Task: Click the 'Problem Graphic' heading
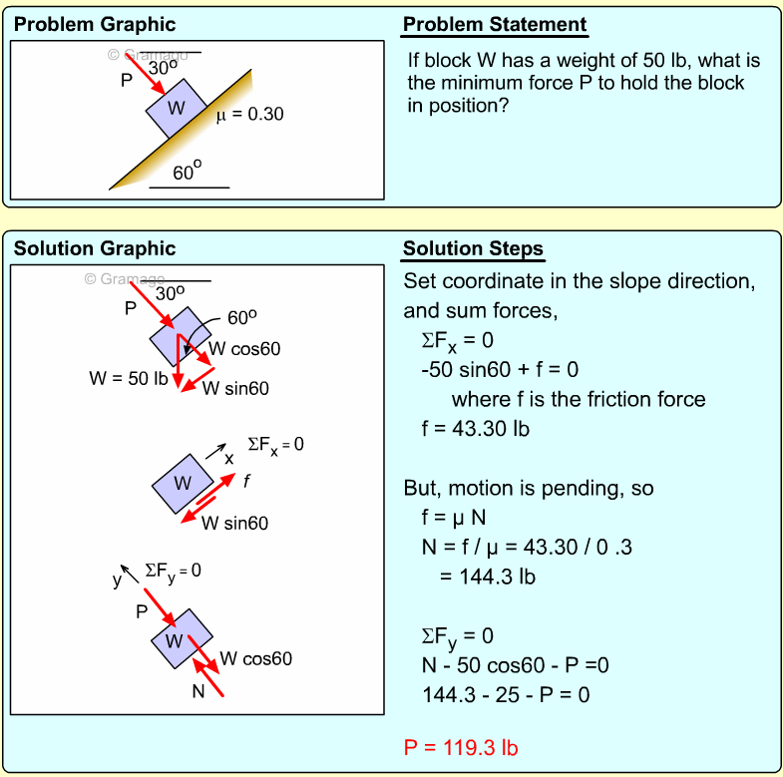pyautogui.click(x=95, y=25)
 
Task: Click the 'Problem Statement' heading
pyautogui.click(x=495, y=25)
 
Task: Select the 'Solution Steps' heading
pyautogui.click(x=473, y=249)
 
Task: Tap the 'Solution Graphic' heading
pyautogui.click(x=95, y=249)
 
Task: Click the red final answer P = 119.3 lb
pyautogui.click(x=461, y=747)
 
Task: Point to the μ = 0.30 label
pyautogui.click(x=249, y=114)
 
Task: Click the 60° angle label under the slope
pyautogui.click(x=188, y=172)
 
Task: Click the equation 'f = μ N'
pyautogui.click(x=458, y=519)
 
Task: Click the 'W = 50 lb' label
pyautogui.click(x=127, y=379)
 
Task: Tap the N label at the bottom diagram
pyautogui.click(x=198, y=689)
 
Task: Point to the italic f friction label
pyautogui.click(x=246, y=480)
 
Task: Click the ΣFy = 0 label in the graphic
pyautogui.click(x=173, y=571)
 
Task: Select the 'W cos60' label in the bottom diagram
pyautogui.click(x=255, y=658)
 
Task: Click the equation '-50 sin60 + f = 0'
pyautogui.click(x=500, y=370)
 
